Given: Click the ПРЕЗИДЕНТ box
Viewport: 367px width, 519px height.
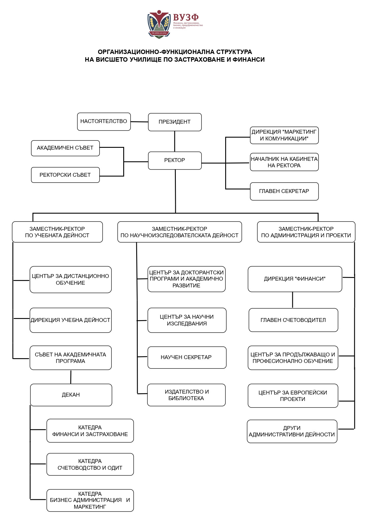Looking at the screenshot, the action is (175, 122).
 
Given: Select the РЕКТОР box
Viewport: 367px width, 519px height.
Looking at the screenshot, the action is (175, 161).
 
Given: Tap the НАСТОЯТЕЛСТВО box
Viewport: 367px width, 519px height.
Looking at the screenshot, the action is (104, 122).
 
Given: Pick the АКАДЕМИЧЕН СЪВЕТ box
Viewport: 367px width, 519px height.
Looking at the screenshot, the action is (65, 148).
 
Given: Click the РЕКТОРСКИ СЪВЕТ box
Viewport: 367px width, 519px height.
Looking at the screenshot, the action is (65, 175).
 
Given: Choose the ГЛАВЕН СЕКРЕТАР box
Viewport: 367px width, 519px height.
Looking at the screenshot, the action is (284, 191).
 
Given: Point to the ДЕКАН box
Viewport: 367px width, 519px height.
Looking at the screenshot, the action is (71, 395).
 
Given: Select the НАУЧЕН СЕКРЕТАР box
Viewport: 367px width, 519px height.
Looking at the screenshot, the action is (187, 357).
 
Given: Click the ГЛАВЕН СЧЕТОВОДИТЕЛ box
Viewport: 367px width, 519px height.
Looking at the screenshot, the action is (293, 320).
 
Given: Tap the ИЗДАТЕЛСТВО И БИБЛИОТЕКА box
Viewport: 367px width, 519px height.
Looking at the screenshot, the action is (186, 395).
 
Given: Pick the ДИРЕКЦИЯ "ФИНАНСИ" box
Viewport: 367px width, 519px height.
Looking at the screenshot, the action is (295, 279).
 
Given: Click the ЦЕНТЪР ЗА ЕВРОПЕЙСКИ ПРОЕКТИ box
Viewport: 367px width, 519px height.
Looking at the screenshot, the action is (293, 396).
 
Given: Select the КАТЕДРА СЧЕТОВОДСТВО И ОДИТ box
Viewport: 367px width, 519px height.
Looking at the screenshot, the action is (90, 464).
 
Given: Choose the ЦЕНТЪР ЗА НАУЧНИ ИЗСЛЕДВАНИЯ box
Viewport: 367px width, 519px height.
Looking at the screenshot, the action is (187, 320).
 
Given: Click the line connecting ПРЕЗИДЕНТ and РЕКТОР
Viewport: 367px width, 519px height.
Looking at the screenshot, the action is (175, 141).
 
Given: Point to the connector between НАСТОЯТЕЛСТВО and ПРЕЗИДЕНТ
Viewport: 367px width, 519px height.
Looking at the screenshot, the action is (139, 122).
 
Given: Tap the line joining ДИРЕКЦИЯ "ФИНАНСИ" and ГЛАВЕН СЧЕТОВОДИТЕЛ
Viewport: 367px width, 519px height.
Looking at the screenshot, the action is (293, 300).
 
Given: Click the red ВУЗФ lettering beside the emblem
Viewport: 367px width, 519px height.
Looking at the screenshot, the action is (186, 17).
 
